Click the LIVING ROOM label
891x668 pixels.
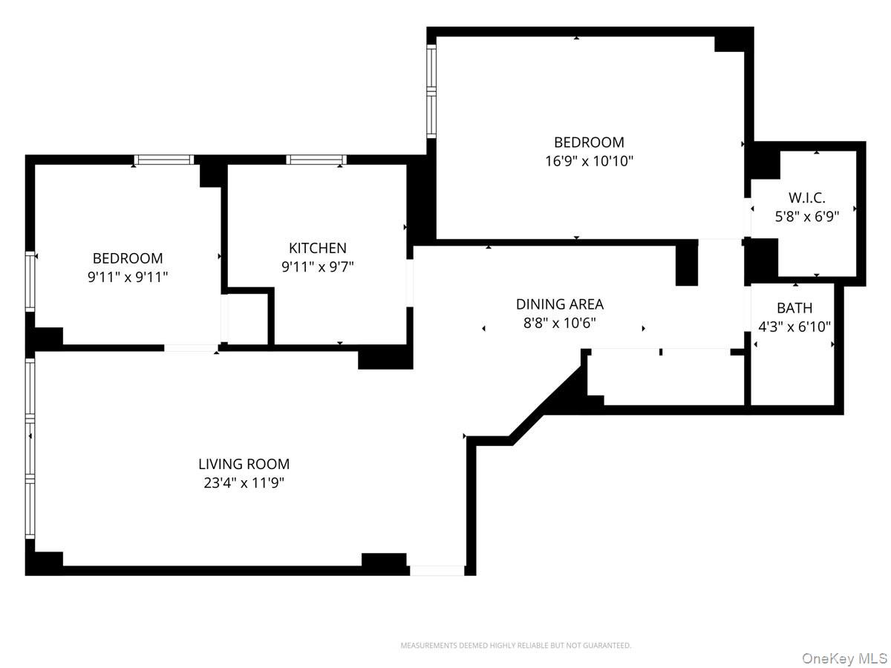click(x=244, y=464)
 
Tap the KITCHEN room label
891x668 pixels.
click(x=317, y=248)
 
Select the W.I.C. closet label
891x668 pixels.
click(x=806, y=197)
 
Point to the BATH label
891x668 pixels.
click(x=794, y=308)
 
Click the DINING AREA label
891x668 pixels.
click(x=559, y=304)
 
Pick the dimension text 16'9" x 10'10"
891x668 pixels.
click(x=589, y=160)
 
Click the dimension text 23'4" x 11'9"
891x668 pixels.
click(x=244, y=483)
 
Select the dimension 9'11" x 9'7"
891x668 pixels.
click(x=317, y=267)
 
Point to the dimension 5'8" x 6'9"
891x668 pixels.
click(x=806, y=217)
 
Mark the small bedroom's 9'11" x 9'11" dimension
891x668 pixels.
click(x=127, y=278)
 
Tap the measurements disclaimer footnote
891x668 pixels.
click(x=515, y=646)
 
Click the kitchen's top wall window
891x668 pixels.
click(x=316, y=160)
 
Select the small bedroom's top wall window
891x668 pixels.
click(x=163, y=160)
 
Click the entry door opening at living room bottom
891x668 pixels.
click(x=437, y=570)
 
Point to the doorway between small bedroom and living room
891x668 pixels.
click(x=191, y=347)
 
